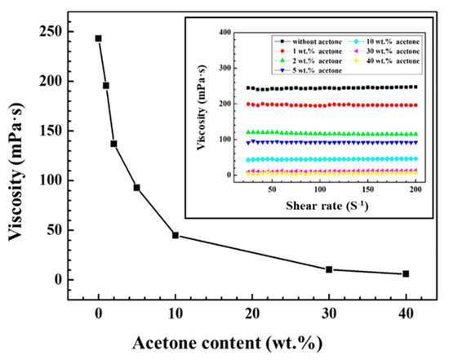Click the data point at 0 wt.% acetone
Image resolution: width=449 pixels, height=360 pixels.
pyautogui.click(x=99, y=38)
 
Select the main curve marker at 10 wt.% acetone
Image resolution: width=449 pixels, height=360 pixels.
pyautogui.click(x=176, y=235)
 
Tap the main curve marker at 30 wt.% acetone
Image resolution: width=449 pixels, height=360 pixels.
pyautogui.click(x=329, y=269)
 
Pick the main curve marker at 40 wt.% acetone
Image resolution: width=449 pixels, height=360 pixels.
pyautogui.click(x=406, y=274)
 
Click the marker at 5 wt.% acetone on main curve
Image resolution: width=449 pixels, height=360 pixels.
pyautogui.click(x=137, y=188)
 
